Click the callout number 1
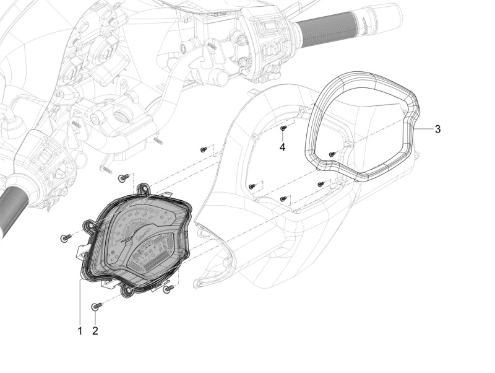[x=80, y=331]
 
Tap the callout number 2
[x=95, y=331]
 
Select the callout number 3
[x=437, y=129]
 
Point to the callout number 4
[x=282, y=147]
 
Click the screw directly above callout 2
[x=95, y=306]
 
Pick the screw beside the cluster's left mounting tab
[x=65, y=237]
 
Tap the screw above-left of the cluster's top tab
[x=123, y=178]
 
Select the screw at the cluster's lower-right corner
[x=168, y=289]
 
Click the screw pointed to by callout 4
[x=283, y=128]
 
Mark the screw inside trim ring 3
[x=332, y=154]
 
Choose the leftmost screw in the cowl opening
[x=252, y=186]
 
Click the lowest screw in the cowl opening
[x=283, y=199]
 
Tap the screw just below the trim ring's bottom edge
[x=321, y=184]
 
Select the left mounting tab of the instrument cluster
[x=90, y=226]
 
